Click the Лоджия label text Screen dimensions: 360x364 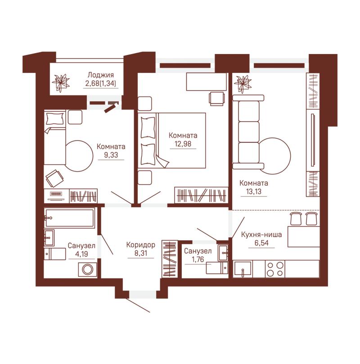tap(101, 75)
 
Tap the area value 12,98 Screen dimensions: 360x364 tap(183, 144)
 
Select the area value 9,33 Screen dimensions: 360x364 tap(111, 155)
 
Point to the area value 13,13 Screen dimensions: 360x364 tap(254, 191)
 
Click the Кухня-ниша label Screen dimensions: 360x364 tap(261, 234)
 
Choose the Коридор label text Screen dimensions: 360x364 tap(140, 245)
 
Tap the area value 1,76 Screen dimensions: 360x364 tap(198, 259)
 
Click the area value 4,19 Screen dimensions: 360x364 tap(81, 254)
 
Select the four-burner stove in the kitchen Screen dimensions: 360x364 tap(275, 269)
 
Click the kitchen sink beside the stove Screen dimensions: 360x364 tap(243, 269)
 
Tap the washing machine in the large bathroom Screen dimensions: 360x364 tap(88, 269)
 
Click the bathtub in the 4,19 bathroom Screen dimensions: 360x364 tap(70, 218)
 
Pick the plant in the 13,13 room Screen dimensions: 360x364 tap(243, 84)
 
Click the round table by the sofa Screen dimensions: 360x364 tap(274, 156)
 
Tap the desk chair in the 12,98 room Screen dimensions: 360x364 tap(217, 98)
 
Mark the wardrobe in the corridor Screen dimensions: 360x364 tap(170, 259)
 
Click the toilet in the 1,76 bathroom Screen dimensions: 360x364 tap(217, 268)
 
